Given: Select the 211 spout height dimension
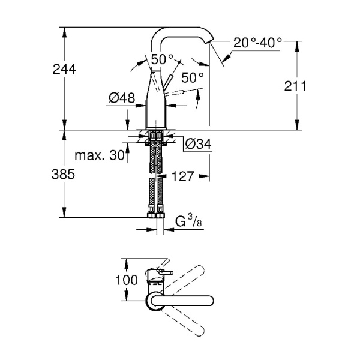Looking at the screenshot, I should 295,86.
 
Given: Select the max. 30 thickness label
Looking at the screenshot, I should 100,155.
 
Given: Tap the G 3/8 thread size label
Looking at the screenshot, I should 187,223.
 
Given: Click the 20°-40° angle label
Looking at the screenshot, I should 258,43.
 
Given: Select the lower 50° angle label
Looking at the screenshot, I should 193,77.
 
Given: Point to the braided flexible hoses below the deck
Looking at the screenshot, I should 156,180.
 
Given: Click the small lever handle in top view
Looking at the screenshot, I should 162,274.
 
